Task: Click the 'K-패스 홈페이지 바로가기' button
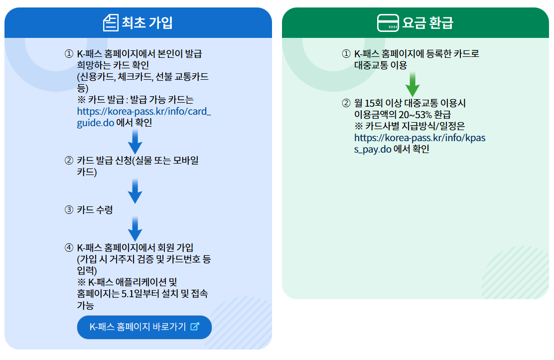tap(144, 327)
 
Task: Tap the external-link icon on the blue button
tap(195, 327)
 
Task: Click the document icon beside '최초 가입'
tap(111, 23)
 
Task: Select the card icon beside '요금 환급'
tap(388, 23)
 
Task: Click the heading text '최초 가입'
tap(147, 23)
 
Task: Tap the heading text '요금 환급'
tap(428, 23)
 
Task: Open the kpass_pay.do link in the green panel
tap(419, 143)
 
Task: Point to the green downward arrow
tap(413, 84)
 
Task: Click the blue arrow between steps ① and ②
tap(135, 142)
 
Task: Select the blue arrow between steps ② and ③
tap(135, 191)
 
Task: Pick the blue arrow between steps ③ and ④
tap(135, 229)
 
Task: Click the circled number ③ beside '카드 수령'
tap(69, 210)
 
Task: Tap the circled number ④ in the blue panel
tap(69, 248)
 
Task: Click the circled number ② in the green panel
tap(346, 104)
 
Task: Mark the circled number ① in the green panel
tap(346, 54)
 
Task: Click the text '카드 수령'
tap(95, 210)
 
